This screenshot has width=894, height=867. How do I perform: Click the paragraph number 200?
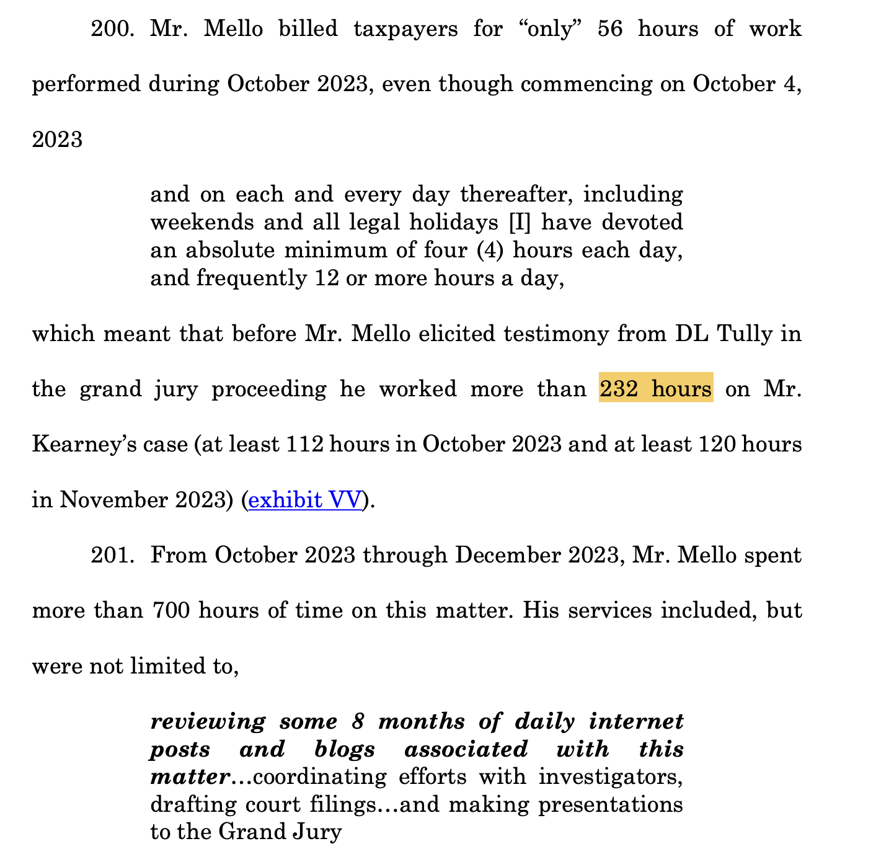[112, 29]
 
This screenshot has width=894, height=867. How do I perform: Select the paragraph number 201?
[112, 555]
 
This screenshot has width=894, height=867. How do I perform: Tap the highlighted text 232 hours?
[655, 388]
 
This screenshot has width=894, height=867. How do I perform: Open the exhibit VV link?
[304, 499]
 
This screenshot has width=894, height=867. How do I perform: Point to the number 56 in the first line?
[610, 29]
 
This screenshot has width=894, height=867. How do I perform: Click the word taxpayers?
[405, 29]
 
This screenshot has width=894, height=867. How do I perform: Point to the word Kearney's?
[77, 444]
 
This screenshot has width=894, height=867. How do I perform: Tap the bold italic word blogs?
[345, 749]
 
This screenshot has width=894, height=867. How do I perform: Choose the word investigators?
[611, 776]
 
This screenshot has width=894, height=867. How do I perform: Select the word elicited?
[462, 334]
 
